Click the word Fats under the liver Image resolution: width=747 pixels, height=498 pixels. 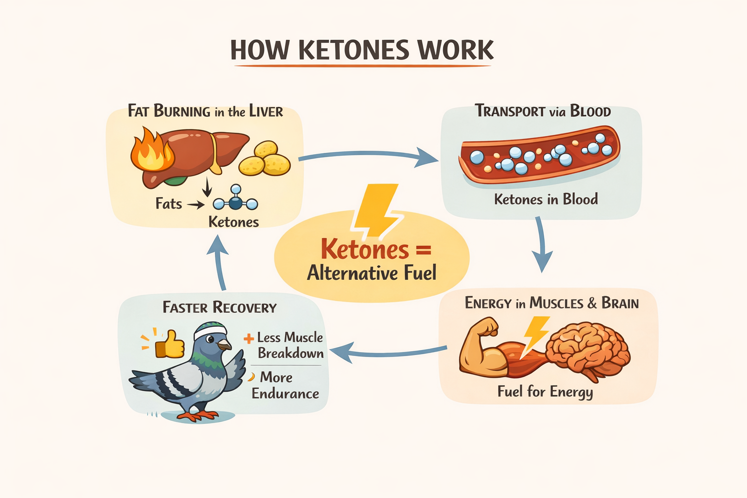[168, 203]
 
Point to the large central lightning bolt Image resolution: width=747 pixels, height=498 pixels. [377, 210]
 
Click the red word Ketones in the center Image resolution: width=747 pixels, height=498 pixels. [365, 249]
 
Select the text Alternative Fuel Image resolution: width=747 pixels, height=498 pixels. [372, 273]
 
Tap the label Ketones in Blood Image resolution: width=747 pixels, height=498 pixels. [546, 199]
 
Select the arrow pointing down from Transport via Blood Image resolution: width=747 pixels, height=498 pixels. [541, 246]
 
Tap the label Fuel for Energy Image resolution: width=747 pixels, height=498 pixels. [545, 391]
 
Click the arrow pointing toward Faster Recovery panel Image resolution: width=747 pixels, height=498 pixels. [389, 352]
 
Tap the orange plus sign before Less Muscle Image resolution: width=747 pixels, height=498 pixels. [249, 338]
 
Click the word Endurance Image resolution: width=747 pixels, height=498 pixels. [285, 393]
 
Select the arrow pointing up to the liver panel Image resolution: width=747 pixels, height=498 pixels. [218, 263]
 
